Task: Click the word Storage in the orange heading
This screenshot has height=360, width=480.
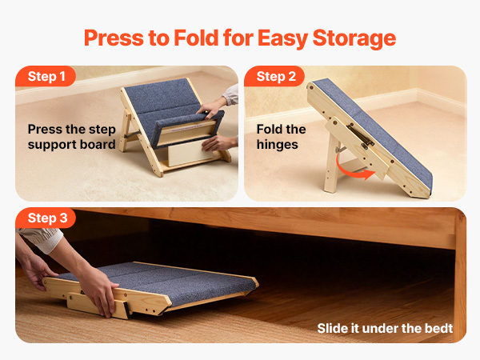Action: click(354, 39)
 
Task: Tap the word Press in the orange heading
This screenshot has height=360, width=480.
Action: click(114, 38)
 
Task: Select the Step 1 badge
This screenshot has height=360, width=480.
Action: click(46, 76)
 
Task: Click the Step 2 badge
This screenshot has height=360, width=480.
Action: click(274, 76)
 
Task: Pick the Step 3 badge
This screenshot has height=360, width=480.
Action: click(46, 218)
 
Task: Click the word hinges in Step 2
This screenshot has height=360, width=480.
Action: click(277, 145)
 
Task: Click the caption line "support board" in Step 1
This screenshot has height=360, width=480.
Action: click(71, 145)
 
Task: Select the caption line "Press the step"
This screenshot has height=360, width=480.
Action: click(72, 129)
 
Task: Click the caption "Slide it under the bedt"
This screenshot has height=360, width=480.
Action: click(385, 328)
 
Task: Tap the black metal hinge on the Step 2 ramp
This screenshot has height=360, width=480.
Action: click(360, 135)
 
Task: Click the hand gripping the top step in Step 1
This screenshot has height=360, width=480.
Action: click(210, 107)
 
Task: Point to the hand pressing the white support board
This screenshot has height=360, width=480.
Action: click(218, 143)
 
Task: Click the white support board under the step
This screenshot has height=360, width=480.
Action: click(190, 153)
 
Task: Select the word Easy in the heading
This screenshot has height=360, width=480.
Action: click(282, 39)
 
